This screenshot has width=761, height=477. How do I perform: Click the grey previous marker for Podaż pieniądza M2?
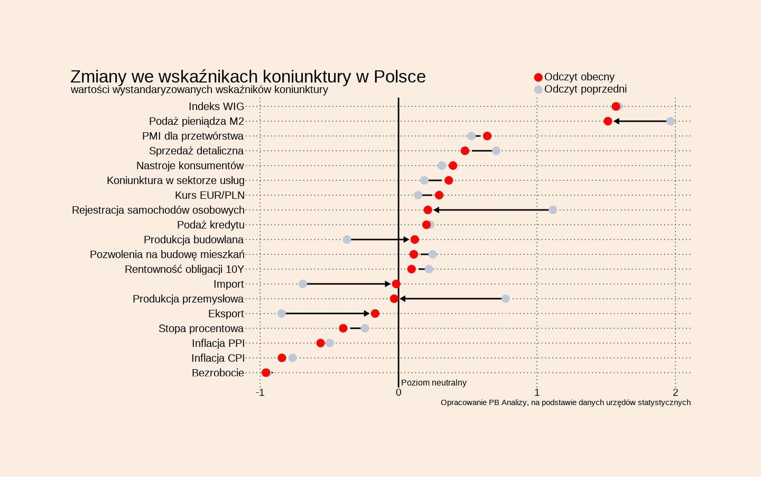click(670, 121)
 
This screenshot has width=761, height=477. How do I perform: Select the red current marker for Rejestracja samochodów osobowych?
click(428, 210)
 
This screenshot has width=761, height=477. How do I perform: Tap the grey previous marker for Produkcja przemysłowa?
click(506, 299)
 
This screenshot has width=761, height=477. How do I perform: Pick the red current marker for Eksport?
click(375, 314)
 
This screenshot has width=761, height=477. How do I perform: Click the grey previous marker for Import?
click(303, 284)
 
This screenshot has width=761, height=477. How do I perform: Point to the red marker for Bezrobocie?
click(266, 373)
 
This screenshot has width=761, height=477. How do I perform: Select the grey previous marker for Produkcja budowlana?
click(347, 240)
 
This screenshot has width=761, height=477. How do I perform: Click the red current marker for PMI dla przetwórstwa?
click(487, 136)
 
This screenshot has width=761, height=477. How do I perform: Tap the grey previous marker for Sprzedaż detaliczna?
click(496, 151)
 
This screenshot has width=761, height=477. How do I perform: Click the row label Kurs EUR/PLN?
click(210, 195)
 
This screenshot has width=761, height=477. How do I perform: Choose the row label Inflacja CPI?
click(218, 358)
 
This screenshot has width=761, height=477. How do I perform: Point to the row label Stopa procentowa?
click(201, 328)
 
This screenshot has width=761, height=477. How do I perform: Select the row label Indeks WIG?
click(216, 106)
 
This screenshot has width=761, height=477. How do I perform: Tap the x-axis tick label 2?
click(675, 392)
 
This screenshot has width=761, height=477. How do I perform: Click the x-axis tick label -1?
click(259, 392)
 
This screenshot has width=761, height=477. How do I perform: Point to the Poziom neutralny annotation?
click(434, 382)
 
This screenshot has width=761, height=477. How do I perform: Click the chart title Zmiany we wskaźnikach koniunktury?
click(248, 77)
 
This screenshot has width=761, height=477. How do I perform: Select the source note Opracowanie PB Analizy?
click(565, 402)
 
